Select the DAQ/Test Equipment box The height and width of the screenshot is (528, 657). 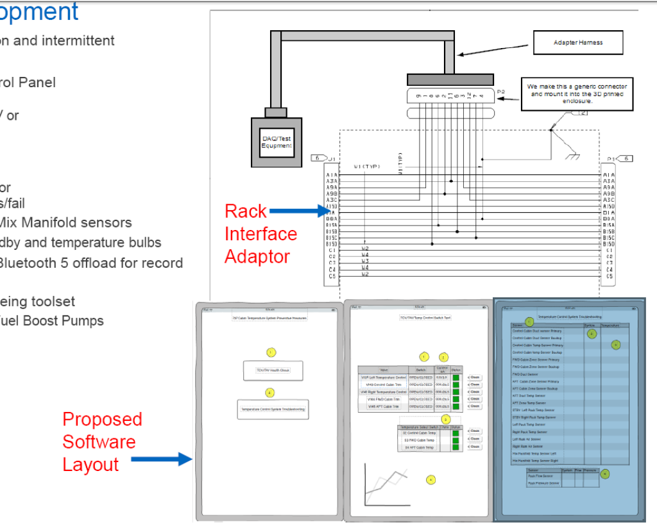[x=277, y=142]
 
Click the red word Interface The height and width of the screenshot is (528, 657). [x=260, y=234]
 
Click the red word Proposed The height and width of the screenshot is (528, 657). [x=102, y=419]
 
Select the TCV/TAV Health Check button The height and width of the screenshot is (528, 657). [x=273, y=370]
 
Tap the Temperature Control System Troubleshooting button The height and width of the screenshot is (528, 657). [x=273, y=409]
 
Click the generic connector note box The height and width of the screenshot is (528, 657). [x=577, y=93]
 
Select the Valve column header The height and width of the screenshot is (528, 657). [x=384, y=370]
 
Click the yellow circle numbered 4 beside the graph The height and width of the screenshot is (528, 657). [x=431, y=479]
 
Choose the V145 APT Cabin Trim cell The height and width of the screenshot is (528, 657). [x=384, y=407]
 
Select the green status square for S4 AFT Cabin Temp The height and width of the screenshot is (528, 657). [x=456, y=447]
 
